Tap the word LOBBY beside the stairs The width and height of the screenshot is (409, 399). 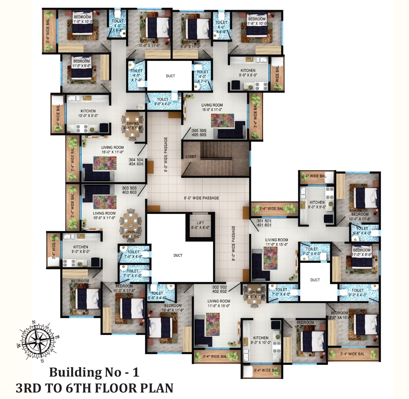click(191, 157)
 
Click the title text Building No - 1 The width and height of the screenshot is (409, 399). click(94, 372)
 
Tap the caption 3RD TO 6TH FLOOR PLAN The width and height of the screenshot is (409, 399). click(94, 388)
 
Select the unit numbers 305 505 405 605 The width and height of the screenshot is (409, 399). click(199, 133)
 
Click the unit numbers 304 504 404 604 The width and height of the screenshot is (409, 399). click(136, 162)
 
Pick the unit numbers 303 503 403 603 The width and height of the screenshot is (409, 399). click(129, 190)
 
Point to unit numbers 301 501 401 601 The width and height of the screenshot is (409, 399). click(264, 223)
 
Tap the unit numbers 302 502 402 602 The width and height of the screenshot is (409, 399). click(219, 289)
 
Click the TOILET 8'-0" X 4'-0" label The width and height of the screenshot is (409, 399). click(163, 102)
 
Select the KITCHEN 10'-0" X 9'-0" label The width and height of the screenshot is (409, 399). click(88, 114)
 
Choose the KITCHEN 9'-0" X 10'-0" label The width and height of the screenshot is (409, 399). click(261, 340)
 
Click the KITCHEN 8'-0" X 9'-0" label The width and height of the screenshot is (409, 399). click(317, 205)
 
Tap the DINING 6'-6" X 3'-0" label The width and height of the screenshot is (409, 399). click(132, 234)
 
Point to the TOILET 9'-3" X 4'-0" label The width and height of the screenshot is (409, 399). click(357, 293)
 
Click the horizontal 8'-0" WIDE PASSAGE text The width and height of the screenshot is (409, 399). click(202, 198)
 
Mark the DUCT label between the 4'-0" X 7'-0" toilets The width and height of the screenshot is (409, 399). click(170, 76)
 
